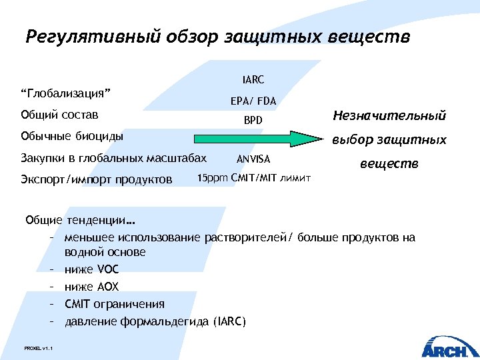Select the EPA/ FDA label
coord(253,101)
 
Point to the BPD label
coord(253,121)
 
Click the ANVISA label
coord(253,159)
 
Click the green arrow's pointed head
coord(312,139)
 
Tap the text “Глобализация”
coord(66,92)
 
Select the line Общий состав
coord(59,114)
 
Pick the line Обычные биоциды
coord(72,137)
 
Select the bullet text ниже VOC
coord(91,270)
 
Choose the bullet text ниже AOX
coord(91,287)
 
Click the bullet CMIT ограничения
coord(115,305)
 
